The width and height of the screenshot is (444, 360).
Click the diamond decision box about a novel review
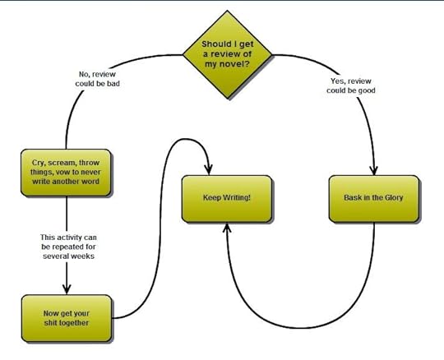(x=228, y=54)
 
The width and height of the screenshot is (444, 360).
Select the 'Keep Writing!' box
(x=227, y=198)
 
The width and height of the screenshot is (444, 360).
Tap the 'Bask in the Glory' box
(x=374, y=198)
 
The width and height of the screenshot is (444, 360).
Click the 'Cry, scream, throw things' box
(x=66, y=173)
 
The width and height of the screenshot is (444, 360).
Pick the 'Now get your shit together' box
(x=67, y=318)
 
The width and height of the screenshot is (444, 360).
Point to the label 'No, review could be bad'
(x=97, y=79)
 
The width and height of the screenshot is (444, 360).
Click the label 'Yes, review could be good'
(x=351, y=85)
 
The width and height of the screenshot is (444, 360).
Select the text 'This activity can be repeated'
(x=68, y=242)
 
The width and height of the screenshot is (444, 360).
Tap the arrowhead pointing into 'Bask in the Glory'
(x=374, y=171)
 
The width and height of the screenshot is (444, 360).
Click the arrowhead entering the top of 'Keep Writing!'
(x=209, y=170)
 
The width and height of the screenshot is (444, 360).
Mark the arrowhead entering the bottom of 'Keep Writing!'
(x=227, y=228)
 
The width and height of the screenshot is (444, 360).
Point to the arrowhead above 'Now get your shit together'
(x=67, y=289)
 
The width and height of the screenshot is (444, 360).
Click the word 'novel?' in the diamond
(x=228, y=64)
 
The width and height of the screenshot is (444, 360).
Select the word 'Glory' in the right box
(x=394, y=197)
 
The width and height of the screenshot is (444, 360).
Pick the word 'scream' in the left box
(x=62, y=163)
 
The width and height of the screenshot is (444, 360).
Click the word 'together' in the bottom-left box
(x=74, y=323)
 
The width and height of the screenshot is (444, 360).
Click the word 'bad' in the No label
(x=113, y=84)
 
